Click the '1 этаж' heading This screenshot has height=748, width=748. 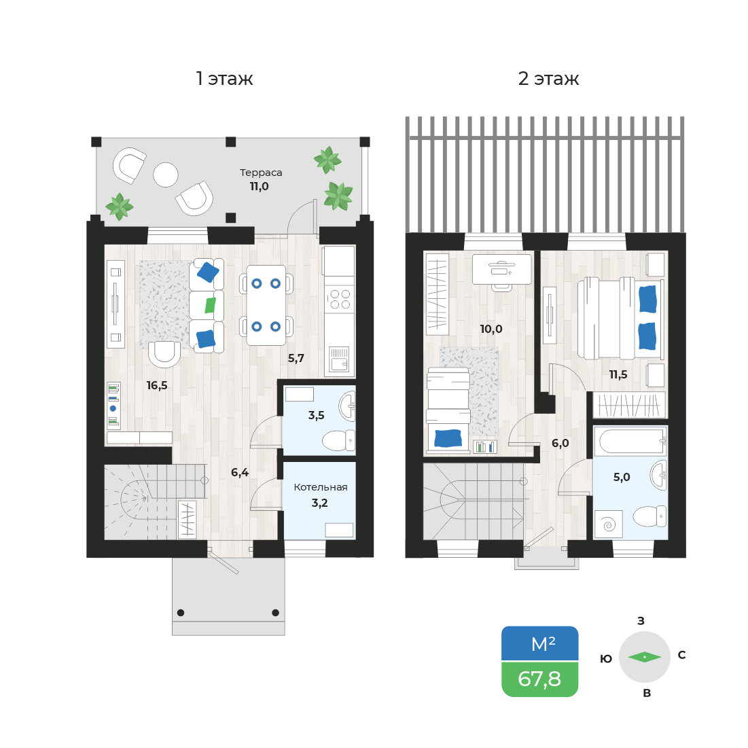point(224,79)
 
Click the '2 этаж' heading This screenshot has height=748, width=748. point(548,79)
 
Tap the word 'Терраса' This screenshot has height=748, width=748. point(261,173)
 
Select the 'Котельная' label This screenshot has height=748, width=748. point(321,487)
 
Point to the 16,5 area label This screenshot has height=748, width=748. point(157,385)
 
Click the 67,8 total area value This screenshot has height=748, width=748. point(539,679)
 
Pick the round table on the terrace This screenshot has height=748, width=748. point(166,175)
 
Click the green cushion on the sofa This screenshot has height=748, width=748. point(210,305)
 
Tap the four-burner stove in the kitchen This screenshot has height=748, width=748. point(339,300)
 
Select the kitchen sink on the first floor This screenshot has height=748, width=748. point(339,359)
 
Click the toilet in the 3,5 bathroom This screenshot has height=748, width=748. point(338,440)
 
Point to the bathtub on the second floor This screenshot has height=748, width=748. point(630,442)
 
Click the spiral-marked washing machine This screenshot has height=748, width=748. point(609,524)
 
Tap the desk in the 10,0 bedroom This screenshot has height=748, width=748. point(501,269)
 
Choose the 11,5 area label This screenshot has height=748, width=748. point(618,375)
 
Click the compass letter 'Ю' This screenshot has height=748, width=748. point(606,659)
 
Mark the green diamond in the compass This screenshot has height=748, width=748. point(645,657)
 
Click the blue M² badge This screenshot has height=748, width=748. point(539,643)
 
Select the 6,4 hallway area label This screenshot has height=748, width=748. point(239,473)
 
